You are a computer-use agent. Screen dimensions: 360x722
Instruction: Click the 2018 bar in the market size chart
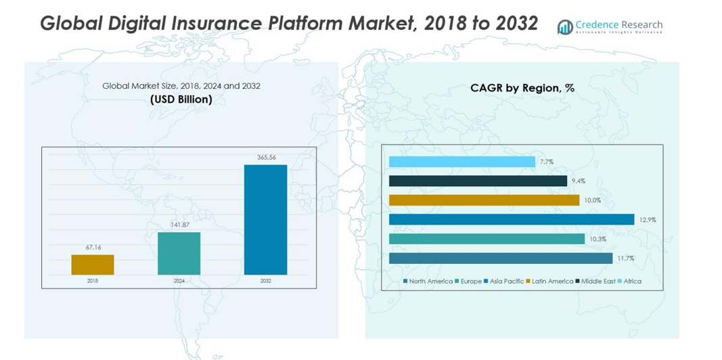click(93, 265)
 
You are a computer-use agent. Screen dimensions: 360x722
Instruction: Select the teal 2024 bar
click(179, 253)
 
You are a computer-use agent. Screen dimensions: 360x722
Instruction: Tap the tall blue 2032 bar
click(265, 219)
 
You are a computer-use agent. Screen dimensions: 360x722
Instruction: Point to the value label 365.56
click(266, 158)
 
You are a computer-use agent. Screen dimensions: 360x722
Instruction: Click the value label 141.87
click(179, 225)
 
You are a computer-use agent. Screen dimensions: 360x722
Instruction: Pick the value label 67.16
click(93, 248)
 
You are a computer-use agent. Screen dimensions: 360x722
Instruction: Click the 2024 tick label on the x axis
click(179, 281)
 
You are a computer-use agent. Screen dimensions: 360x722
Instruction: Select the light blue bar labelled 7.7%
click(461, 162)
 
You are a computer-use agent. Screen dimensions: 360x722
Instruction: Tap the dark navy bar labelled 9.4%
click(478, 181)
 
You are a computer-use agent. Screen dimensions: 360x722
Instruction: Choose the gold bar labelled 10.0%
click(484, 200)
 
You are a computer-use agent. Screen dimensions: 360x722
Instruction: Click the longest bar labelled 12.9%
click(512, 219)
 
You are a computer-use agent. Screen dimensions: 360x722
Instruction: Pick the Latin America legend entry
click(552, 281)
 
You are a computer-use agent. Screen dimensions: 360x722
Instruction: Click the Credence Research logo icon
click(564, 26)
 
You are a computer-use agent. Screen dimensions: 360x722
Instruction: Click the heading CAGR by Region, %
click(522, 88)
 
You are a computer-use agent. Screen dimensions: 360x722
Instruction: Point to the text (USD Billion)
click(181, 99)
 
